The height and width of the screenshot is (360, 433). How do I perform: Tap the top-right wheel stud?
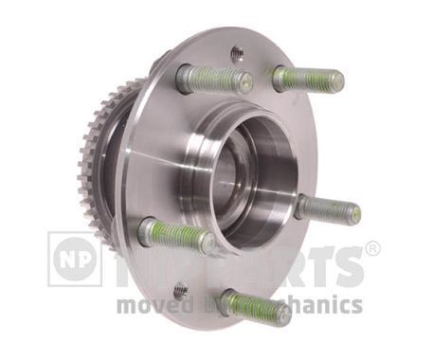pos(307,78)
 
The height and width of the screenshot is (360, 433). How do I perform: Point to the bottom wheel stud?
pos(254,306)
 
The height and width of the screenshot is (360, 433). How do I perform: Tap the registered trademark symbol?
pos(372,249)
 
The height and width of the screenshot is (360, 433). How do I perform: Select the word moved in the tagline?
pos(147,305)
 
